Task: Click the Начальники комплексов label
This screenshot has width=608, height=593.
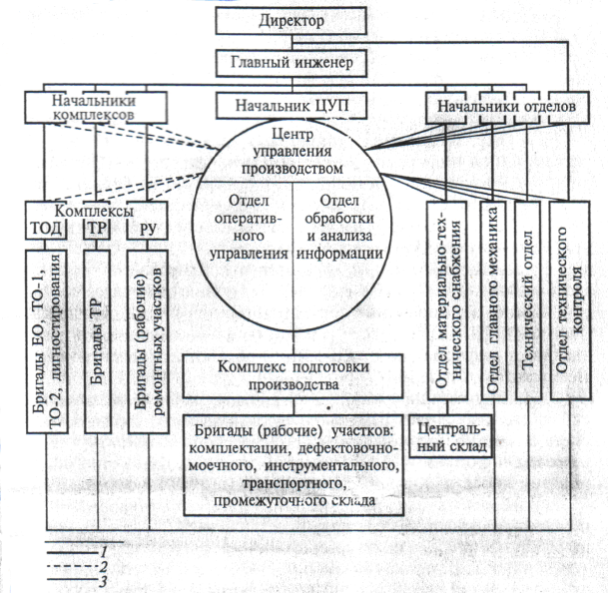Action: point(91,107)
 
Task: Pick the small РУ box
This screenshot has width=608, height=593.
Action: point(145,229)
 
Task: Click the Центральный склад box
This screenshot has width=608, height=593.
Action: point(453,438)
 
